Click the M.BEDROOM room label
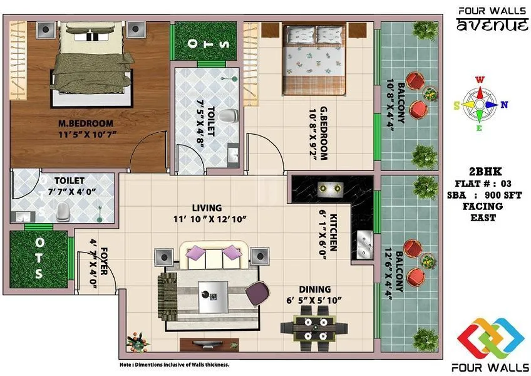(86, 123)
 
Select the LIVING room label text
(207, 207)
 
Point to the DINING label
(314, 289)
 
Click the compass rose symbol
(480, 104)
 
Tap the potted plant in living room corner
(135, 342)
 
